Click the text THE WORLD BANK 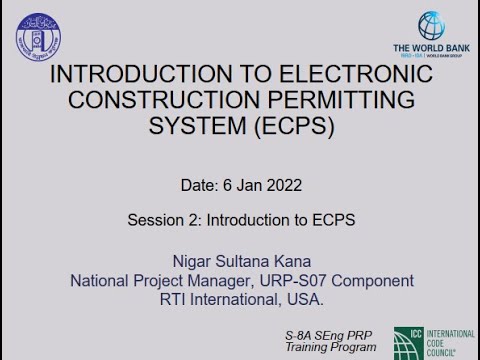click(x=432, y=48)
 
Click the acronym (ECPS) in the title click(x=296, y=128)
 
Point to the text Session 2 click(x=169, y=219)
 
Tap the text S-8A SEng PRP click(x=330, y=331)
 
